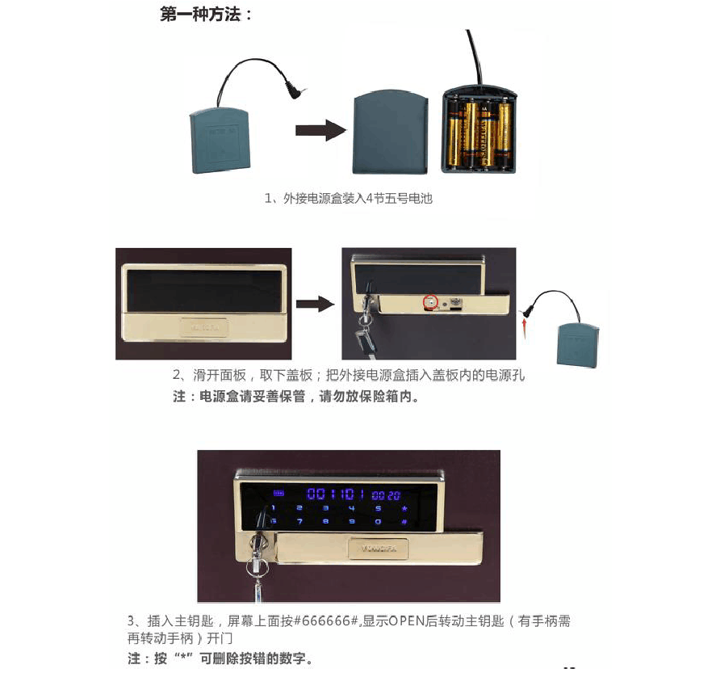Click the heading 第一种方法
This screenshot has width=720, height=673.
pyautogui.click(x=207, y=15)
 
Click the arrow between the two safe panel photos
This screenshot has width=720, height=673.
pyautogui.click(x=314, y=304)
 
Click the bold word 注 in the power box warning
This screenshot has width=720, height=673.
pyautogui.click(x=179, y=397)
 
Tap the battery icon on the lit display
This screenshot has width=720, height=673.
pyautogui.click(x=279, y=494)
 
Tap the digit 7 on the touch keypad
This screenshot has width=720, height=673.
pyautogui.click(x=299, y=522)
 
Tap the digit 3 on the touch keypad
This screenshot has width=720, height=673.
pyautogui.click(x=325, y=508)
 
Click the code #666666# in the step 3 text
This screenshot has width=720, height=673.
pyautogui.click(x=326, y=621)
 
